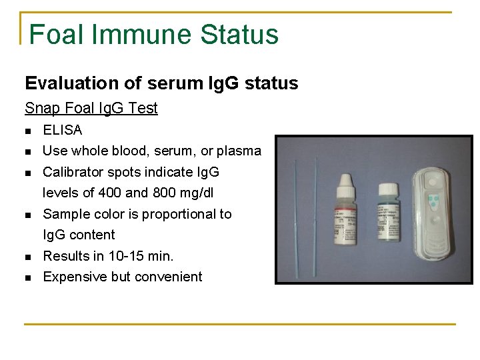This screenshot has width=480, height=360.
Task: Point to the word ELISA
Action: (62, 130)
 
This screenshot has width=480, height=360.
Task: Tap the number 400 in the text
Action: (111, 193)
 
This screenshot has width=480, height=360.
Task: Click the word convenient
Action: (170, 277)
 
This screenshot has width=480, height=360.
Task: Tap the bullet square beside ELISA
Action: (27, 131)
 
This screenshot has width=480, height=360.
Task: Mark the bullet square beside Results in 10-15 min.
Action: (27, 257)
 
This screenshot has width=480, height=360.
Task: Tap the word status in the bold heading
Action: (271, 83)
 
